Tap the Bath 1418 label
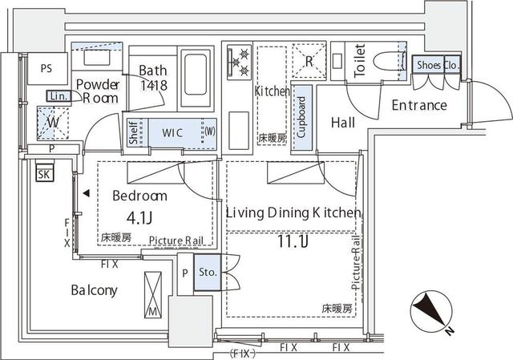[152, 77]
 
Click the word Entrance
[418, 106]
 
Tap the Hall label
[344, 123]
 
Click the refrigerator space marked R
[309, 58]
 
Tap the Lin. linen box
[59, 96]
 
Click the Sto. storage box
[207, 273]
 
